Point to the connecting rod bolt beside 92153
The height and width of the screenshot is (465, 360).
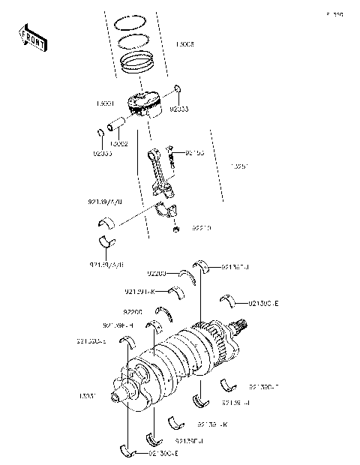[x=172, y=154]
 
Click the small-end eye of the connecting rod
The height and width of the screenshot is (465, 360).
[x=151, y=154]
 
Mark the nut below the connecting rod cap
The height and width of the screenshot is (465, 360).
[x=175, y=229]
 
